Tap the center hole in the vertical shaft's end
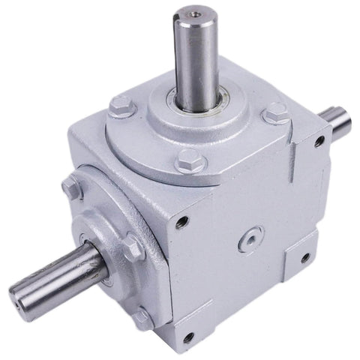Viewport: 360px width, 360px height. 197,13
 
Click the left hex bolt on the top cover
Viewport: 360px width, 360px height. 121,108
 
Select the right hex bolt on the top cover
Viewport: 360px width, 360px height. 275,115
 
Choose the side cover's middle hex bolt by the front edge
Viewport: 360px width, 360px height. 134,247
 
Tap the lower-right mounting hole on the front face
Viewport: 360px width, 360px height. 305,257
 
